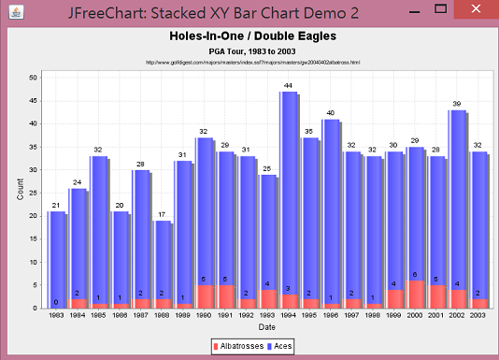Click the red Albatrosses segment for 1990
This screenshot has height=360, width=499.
(x=204, y=296)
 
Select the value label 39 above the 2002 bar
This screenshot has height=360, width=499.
(x=456, y=104)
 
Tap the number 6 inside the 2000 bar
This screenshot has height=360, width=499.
(x=414, y=275)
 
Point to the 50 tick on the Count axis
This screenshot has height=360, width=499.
(x=33, y=77)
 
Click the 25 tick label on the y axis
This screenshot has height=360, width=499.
(x=33, y=193)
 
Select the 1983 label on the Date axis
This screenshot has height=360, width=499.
(x=57, y=316)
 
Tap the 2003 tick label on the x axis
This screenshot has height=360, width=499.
(x=478, y=316)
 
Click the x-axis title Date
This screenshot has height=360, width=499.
(x=267, y=327)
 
